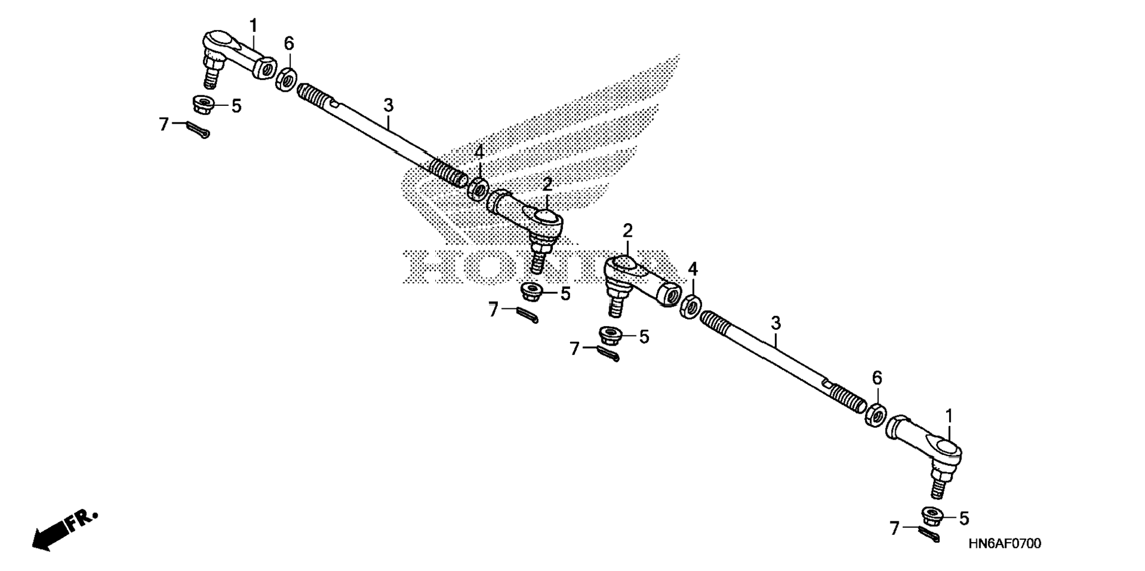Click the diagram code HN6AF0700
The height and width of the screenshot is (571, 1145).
coord(1004,544)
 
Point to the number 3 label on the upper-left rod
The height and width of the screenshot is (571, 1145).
coord(388,106)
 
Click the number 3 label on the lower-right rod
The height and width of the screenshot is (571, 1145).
coord(776,324)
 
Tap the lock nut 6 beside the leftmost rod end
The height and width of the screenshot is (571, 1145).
coord(287,79)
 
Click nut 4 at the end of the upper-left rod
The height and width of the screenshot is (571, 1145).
coord(478,189)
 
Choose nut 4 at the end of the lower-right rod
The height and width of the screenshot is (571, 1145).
coord(690,306)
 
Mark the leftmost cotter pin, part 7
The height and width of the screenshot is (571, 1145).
coord(197,129)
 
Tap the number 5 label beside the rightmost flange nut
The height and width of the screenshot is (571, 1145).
coord(964,519)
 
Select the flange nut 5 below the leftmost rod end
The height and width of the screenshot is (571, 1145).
coord(204,105)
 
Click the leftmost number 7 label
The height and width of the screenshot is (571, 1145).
coord(164,124)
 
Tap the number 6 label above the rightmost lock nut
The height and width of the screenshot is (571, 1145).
coord(877,378)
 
